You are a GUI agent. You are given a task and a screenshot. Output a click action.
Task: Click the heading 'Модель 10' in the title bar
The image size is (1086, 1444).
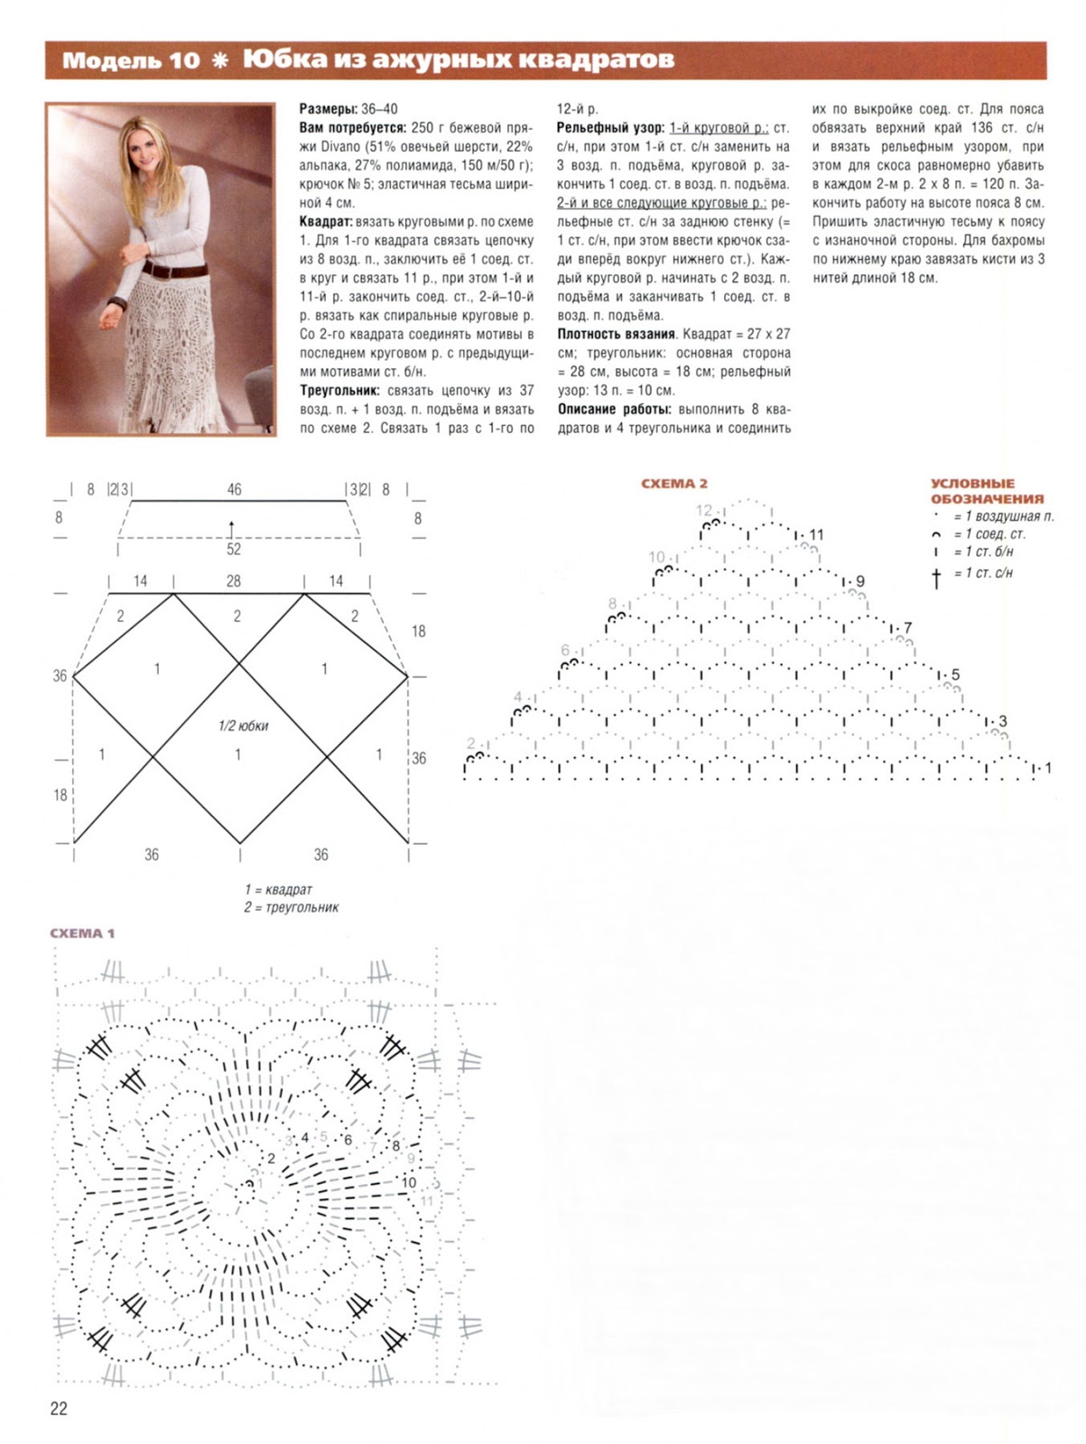coord(130,60)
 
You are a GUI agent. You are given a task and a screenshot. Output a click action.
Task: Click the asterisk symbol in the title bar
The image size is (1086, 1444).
coord(219,61)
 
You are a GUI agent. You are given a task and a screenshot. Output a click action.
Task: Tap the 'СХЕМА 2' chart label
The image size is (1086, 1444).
coord(673,484)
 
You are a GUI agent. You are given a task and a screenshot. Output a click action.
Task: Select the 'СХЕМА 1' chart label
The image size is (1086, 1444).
coord(82,933)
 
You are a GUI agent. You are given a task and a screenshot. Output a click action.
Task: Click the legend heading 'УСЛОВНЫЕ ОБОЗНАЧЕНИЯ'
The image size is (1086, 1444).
coord(987,491)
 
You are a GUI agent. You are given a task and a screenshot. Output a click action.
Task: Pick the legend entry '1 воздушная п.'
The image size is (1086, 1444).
coord(1003,516)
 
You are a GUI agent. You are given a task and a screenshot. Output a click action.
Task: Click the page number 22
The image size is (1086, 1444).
coord(59,1409)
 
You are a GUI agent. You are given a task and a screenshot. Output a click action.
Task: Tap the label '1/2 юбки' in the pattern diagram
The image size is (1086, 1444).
coord(243,726)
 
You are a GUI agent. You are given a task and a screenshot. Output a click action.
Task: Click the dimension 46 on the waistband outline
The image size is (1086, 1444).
coord(234,489)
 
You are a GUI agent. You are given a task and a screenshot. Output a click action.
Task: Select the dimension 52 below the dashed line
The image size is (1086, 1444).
coord(234,549)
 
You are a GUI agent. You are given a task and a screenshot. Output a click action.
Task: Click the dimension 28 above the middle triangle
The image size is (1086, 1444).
coord(234,581)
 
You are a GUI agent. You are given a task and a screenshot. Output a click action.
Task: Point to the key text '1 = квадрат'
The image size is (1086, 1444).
coord(278,890)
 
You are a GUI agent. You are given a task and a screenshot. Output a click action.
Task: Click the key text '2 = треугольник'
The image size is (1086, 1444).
coord(291,907)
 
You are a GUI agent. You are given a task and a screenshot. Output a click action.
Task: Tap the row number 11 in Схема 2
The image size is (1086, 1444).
coord(816,535)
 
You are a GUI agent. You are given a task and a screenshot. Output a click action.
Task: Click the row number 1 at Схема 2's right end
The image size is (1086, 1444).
coord(1047,768)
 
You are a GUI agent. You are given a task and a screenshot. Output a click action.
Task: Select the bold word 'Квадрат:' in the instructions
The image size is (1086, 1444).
coord(326,222)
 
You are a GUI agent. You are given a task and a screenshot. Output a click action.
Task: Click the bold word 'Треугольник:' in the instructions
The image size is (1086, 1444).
coord(339,391)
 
